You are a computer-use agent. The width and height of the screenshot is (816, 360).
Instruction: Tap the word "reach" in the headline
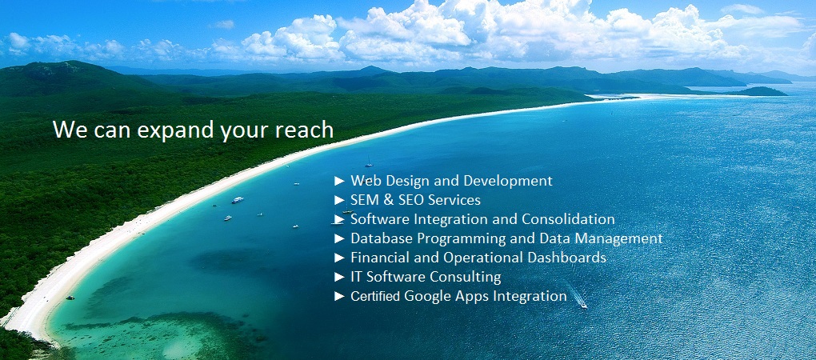coord(305,130)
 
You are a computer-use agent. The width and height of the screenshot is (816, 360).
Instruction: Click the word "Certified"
coord(375,296)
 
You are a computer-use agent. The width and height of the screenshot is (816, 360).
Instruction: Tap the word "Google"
coord(428,297)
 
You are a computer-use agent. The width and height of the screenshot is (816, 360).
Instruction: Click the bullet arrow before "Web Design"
coord(340,181)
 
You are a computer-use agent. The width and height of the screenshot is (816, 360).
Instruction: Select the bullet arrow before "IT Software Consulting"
coord(340,277)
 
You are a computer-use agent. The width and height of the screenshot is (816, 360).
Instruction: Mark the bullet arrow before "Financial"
coord(340,258)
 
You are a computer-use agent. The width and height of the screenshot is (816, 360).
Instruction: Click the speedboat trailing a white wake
coord(582,305)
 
